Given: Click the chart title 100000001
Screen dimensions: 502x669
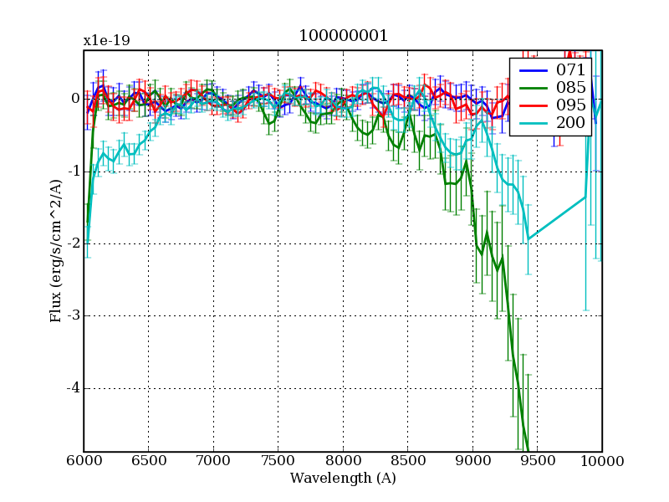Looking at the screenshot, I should [x=343, y=38].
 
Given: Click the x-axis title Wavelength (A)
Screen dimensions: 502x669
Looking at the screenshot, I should [x=343, y=479].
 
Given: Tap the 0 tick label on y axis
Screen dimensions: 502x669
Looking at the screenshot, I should [x=74, y=99].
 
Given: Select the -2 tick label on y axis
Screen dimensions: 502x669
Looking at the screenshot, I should [x=72, y=243].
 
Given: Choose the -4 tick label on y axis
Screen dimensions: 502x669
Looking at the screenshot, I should [x=72, y=388].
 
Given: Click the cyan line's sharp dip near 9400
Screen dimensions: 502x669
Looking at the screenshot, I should [x=528, y=238].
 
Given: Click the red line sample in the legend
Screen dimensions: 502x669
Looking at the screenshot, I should [x=531, y=106].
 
